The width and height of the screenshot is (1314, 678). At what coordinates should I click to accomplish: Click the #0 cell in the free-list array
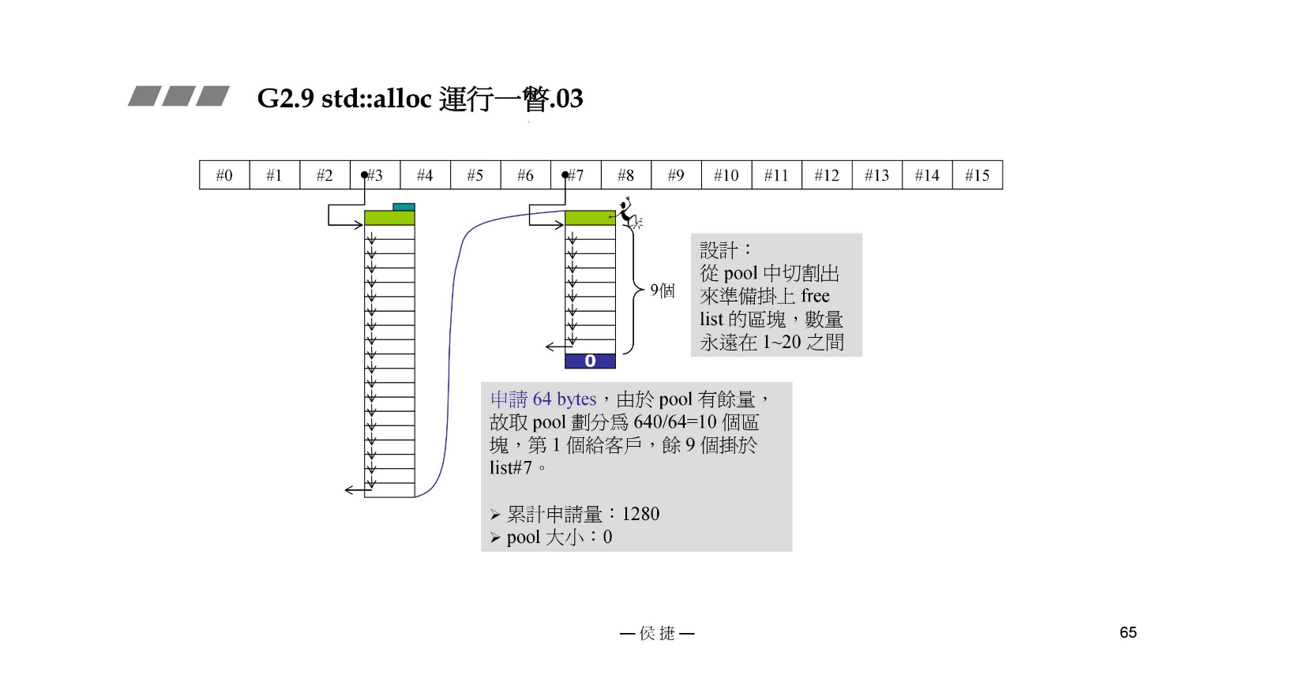pyautogui.click(x=224, y=175)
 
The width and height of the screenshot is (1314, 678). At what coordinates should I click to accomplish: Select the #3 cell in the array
pyautogui.click(x=375, y=175)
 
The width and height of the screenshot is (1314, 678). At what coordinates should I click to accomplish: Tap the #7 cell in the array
pyautogui.click(x=576, y=175)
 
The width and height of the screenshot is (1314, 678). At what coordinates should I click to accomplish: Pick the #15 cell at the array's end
pyautogui.click(x=977, y=175)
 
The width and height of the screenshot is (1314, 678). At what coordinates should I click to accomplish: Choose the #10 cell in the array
pyautogui.click(x=726, y=175)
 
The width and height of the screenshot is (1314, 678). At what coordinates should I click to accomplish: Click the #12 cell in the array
pyautogui.click(x=826, y=175)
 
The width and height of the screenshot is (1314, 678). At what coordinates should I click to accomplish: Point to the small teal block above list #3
pyautogui.click(x=404, y=207)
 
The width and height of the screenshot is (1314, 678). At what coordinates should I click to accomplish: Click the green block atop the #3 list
pyautogui.click(x=389, y=218)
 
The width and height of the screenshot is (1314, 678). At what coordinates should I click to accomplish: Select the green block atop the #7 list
pyautogui.click(x=590, y=218)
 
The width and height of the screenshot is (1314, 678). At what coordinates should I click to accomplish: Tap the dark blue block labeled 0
pyautogui.click(x=590, y=361)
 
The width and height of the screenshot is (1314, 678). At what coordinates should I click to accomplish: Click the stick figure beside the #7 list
pyautogui.click(x=628, y=214)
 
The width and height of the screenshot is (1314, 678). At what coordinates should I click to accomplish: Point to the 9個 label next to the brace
pyautogui.click(x=663, y=290)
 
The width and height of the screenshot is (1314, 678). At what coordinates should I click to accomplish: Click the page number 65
pyautogui.click(x=1128, y=632)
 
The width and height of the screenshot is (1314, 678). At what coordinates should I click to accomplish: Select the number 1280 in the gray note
pyautogui.click(x=640, y=514)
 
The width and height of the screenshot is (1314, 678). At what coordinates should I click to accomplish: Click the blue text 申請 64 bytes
pyautogui.click(x=543, y=399)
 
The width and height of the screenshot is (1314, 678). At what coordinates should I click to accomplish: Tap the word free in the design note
pyautogui.click(x=815, y=296)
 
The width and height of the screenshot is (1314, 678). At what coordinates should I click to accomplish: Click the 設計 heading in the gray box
pyautogui.click(x=719, y=250)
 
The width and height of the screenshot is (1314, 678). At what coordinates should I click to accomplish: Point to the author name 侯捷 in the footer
pyautogui.click(x=657, y=633)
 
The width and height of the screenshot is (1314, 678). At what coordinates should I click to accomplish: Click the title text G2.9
pyautogui.click(x=285, y=99)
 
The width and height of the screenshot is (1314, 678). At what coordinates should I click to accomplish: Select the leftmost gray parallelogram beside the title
pyautogui.click(x=145, y=96)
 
